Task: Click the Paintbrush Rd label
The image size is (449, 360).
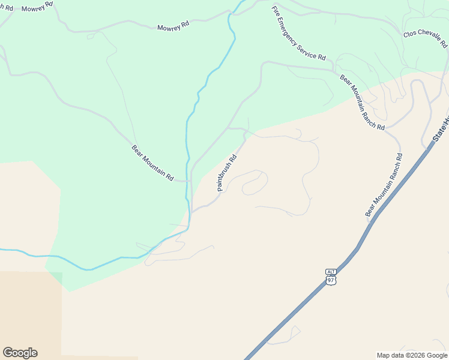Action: pyautogui.click(x=228, y=173)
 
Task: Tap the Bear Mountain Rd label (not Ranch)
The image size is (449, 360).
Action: pyautogui.click(x=153, y=163)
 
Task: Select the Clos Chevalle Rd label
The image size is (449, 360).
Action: pyautogui.click(x=426, y=39)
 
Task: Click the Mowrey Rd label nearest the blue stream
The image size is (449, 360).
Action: pyautogui.click(x=173, y=27)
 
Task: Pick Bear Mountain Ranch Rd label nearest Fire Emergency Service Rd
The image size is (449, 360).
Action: pyautogui.click(x=362, y=102)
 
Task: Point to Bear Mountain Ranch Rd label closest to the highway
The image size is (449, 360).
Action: pyautogui.click(x=384, y=185)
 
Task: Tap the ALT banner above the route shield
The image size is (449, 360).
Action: pyautogui.click(x=331, y=272)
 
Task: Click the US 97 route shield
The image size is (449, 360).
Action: pyautogui.click(x=331, y=280)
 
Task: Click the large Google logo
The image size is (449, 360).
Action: pyautogui.click(x=20, y=353)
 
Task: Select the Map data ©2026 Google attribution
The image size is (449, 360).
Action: pyautogui.click(x=412, y=355)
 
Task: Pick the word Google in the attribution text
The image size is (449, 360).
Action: pyautogui.click(x=437, y=355)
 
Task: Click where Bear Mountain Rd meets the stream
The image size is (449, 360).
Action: pyautogui.click(x=188, y=180)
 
